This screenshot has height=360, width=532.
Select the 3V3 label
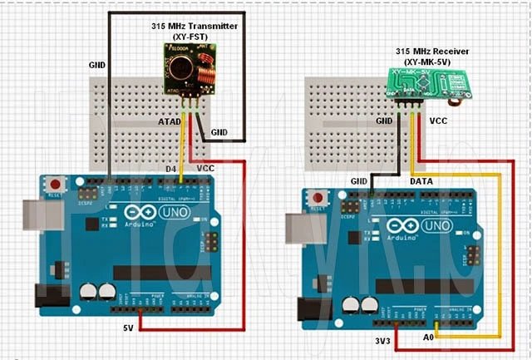coord(383,340)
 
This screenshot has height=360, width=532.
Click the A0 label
coord(428,339)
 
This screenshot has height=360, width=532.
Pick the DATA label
coord(425,180)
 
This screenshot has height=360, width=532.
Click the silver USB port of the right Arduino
coord(297,224)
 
